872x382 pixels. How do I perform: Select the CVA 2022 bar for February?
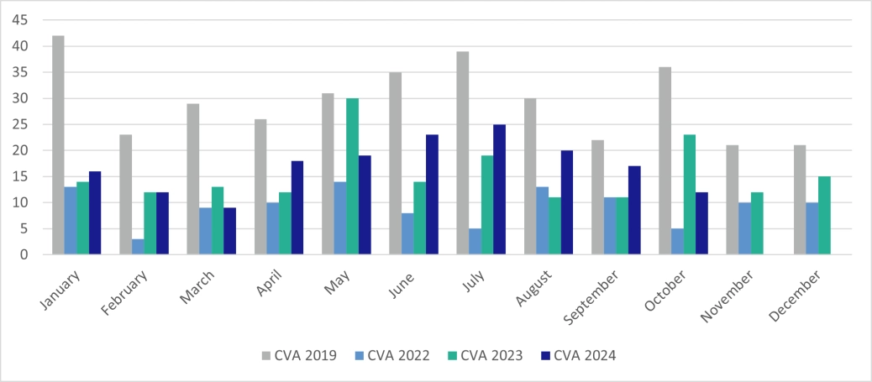point(138,247)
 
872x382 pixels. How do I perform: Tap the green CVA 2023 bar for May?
point(353,176)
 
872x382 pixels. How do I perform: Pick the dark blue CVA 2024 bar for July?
point(500,189)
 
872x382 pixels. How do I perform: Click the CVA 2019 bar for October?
point(665,160)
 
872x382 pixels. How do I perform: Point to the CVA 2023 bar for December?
point(824,215)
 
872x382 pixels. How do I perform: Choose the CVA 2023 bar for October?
point(690,194)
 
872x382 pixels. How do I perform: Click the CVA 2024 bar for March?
point(229,231)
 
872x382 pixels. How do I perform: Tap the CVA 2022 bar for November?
point(745,228)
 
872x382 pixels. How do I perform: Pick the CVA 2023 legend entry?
point(485,356)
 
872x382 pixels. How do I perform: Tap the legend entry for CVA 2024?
point(578,356)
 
